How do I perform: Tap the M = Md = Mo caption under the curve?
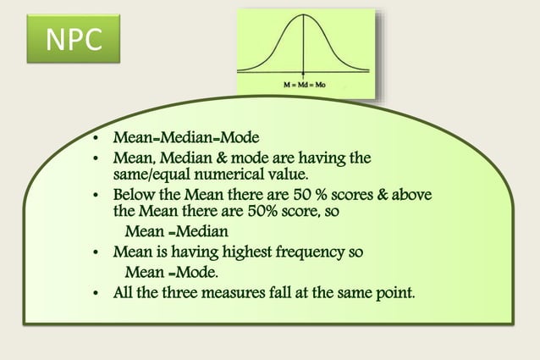tap(305, 86)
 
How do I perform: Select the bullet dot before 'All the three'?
tap(97, 294)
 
